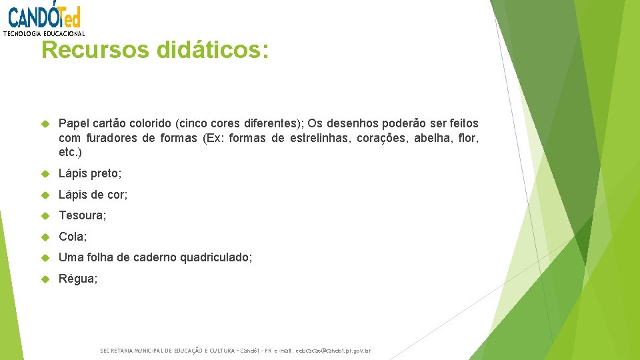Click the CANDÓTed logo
[x=44, y=15]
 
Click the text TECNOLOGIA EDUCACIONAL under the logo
[x=44, y=33]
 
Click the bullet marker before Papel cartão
[x=46, y=124]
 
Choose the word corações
[x=378, y=138]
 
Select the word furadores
[x=111, y=138]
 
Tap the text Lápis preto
[x=90, y=173]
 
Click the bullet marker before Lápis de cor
[x=46, y=195]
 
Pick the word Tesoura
[x=82, y=215]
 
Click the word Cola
[x=73, y=236]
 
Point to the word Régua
[x=77, y=278]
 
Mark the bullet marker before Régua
[x=46, y=278]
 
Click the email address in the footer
[x=331, y=351]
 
